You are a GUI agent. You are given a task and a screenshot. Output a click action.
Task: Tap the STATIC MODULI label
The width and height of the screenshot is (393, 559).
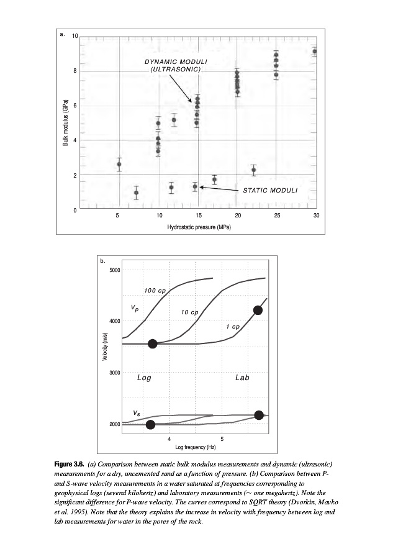point(269,189)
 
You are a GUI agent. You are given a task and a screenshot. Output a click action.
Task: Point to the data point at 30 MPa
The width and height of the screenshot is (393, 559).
point(315,52)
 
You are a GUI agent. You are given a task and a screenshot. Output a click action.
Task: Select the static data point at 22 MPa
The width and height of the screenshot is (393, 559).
point(253,170)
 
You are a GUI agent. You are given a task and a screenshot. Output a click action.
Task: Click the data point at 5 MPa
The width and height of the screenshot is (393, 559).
point(119,165)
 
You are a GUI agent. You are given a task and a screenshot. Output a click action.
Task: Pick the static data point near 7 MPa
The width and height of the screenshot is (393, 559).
point(137,193)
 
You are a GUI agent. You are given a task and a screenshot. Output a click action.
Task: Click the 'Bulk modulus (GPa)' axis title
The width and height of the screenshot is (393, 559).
point(65,122)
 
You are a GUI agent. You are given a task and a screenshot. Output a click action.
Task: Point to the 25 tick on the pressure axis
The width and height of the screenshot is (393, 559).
point(277,216)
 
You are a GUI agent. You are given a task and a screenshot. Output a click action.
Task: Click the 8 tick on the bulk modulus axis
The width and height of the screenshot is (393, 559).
point(75,71)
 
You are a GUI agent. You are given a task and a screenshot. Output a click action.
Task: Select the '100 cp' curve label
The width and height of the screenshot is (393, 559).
point(153,291)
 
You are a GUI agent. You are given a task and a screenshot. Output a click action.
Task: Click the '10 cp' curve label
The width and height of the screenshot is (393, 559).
point(189,312)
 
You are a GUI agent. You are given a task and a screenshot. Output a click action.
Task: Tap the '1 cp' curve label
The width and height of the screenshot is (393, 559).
point(232,326)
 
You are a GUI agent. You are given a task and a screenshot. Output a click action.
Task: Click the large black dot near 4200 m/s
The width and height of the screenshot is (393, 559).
point(258,311)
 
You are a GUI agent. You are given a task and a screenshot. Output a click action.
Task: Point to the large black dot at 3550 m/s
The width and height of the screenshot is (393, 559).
point(153,343)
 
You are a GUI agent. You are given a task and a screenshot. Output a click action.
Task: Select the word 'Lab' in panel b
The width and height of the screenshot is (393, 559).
point(242,378)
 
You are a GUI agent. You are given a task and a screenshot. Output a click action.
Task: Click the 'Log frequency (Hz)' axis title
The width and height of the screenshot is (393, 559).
point(195,447)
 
